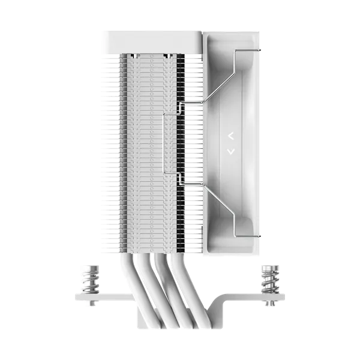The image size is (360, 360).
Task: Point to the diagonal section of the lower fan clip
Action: (x=219, y=204)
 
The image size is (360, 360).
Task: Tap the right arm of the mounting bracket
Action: (x=258, y=296)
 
